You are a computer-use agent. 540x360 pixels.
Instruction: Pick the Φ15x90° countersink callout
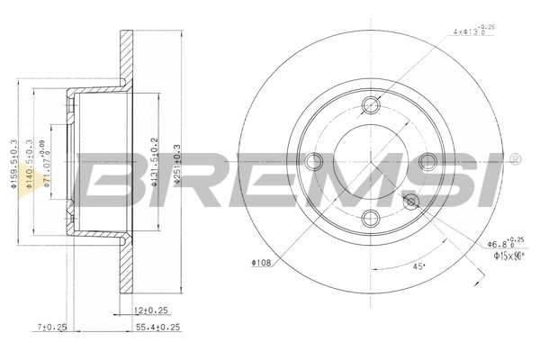coord(509,256)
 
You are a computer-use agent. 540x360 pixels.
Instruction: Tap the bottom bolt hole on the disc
coord(372,217)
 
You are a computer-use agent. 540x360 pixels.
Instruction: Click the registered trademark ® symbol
coord(513,159)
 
